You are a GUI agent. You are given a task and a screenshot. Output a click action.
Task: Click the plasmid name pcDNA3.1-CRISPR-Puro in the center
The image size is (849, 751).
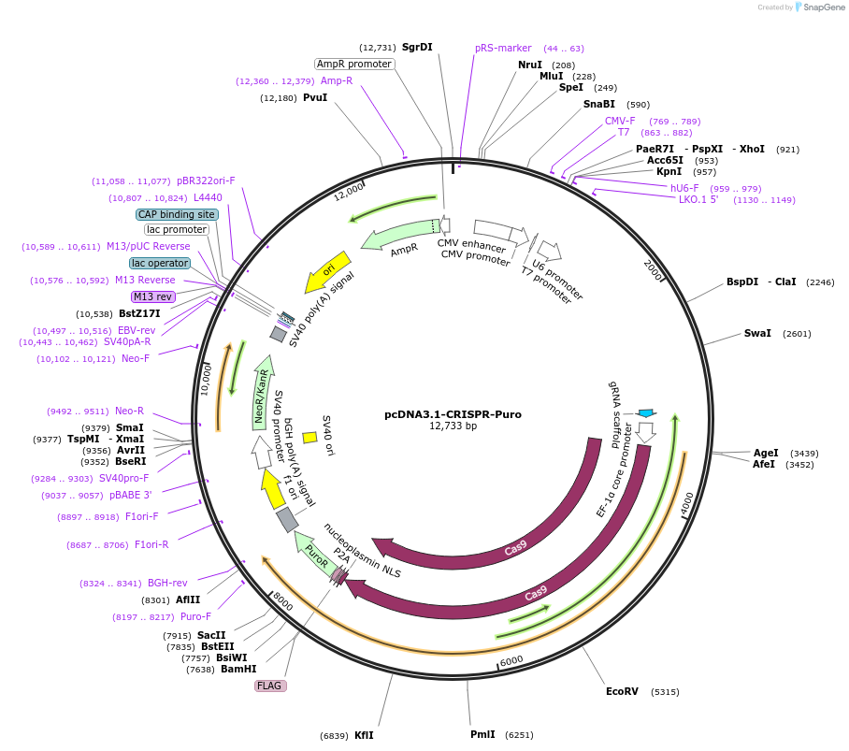[453, 414]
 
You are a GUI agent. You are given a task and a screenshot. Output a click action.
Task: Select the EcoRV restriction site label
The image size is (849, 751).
[622, 692]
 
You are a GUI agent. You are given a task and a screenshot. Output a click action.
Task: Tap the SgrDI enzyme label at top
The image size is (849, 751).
[417, 48]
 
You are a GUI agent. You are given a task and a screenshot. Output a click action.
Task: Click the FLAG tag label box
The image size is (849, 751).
[269, 686]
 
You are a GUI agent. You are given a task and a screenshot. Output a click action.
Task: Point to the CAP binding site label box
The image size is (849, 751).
[177, 214]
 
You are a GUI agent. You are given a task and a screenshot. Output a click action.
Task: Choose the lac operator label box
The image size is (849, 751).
[160, 263]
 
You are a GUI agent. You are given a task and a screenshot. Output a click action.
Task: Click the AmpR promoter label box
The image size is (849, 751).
[354, 65]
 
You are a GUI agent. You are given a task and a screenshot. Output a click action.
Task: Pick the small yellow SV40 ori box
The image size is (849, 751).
[309, 437]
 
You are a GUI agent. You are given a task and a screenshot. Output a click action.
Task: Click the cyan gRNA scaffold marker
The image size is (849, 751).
[646, 412]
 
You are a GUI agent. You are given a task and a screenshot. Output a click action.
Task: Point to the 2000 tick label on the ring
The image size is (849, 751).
[652, 267]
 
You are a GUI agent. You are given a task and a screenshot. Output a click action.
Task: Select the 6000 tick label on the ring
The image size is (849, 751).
[511, 661]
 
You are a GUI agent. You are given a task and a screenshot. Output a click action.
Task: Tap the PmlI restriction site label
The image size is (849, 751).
[482, 734]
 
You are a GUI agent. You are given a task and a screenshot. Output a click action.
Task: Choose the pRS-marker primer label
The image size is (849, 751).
[503, 48]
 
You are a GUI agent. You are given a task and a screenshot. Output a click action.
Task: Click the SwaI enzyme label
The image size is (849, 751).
[757, 333]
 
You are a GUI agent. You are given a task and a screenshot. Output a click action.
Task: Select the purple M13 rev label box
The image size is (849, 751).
[153, 296]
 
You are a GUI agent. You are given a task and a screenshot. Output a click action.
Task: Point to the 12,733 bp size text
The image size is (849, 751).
[453, 426]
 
